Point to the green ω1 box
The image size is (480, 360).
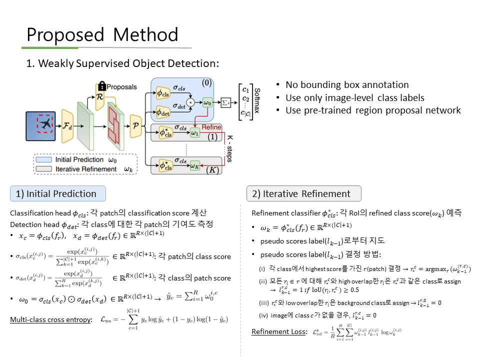click(195, 133)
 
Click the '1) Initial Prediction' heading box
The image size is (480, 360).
click(58, 193)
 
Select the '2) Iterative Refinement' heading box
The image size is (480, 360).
click(303, 193)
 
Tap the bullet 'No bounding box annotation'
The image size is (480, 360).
click(347, 85)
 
